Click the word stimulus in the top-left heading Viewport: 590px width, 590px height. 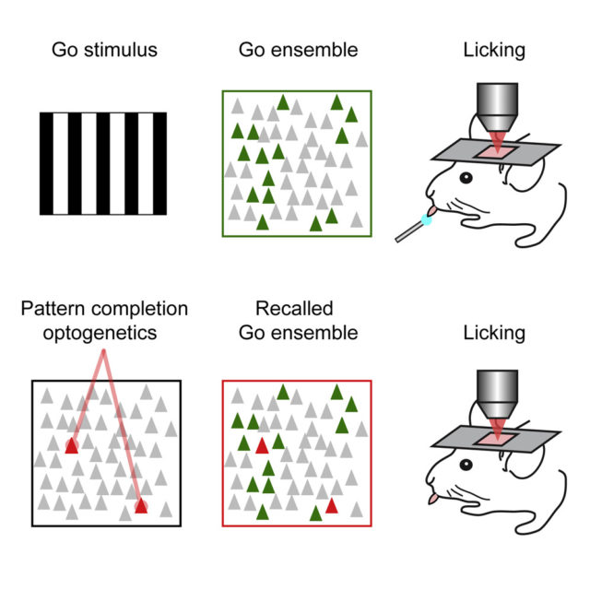(x=121, y=50)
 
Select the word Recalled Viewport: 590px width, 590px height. (x=294, y=309)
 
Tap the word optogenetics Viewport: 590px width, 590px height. (x=100, y=334)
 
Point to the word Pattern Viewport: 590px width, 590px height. (x=53, y=309)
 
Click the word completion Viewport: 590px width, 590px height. (x=140, y=310)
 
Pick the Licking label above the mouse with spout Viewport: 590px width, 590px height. (x=494, y=51)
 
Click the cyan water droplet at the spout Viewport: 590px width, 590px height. (x=426, y=219)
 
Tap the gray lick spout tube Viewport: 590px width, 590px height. (x=409, y=231)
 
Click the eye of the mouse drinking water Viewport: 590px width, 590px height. (x=466, y=178)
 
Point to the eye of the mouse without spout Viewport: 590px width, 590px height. (x=466, y=465)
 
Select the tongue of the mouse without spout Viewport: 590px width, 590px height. (x=433, y=499)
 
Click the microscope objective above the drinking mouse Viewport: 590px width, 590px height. (x=497, y=107)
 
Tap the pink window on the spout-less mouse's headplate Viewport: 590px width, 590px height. (x=496, y=439)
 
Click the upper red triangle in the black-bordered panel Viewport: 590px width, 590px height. (x=72, y=446)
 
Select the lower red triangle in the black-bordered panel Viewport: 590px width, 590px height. (x=141, y=506)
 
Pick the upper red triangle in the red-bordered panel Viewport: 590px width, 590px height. (x=262, y=446)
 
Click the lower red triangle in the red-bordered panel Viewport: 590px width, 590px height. (x=332, y=506)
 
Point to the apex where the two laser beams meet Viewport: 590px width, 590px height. (x=103, y=351)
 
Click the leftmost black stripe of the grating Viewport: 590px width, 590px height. (x=47, y=164)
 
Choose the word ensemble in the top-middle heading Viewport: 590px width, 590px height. (x=314, y=50)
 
